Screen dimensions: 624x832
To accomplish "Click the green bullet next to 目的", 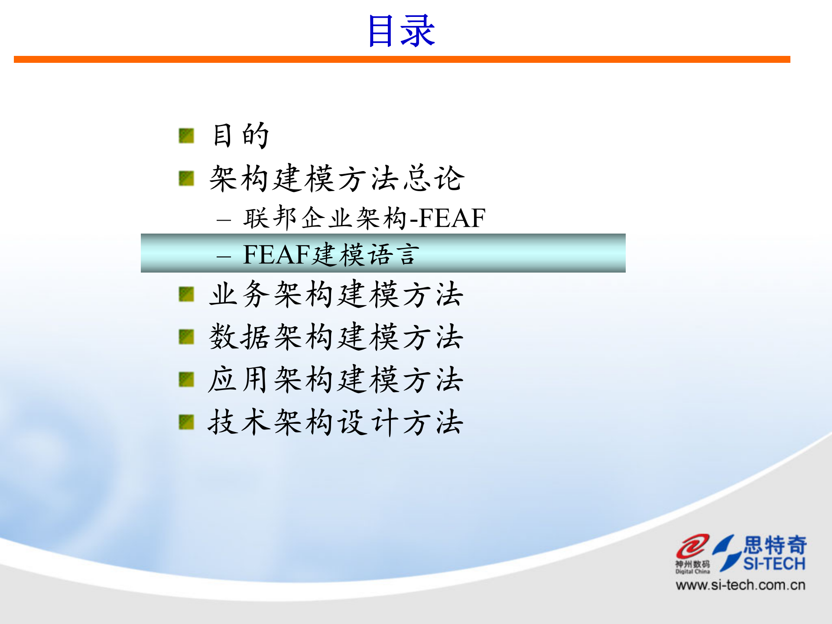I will (186, 136).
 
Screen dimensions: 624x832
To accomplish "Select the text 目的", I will (241, 135).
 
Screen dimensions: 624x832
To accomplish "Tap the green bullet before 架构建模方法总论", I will (186, 178).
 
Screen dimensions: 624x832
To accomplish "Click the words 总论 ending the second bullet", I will (434, 178).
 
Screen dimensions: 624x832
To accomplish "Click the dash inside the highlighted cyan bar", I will (224, 257).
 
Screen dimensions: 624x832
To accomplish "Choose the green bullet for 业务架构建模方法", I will (186, 294).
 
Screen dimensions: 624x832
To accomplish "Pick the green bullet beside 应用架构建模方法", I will (186, 380).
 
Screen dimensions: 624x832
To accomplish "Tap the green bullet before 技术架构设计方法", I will (186, 422).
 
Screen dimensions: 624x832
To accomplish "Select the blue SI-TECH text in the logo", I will (774, 564).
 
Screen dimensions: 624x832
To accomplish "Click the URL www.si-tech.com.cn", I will (740, 585).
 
